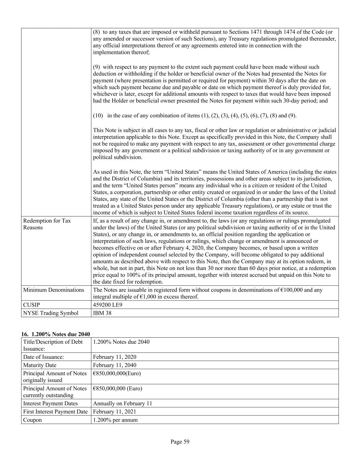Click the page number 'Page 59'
(x=180, y=442)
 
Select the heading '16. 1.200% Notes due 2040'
(x=56, y=334)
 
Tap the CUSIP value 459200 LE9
(x=107, y=305)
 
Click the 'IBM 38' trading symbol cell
(x=102, y=313)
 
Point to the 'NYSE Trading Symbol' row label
(x=51, y=313)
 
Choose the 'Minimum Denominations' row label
(x=54, y=290)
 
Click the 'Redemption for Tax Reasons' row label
(x=47, y=224)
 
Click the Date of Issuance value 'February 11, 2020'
(x=114, y=357)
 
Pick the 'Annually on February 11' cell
(x=123, y=403)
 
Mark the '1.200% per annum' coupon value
(x=115, y=420)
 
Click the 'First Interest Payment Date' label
(x=55, y=412)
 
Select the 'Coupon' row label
(x=32, y=420)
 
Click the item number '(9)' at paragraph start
(x=97, y=67)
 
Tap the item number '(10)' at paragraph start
(x=98, y=115)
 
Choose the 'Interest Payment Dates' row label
(x=50, y=403)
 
